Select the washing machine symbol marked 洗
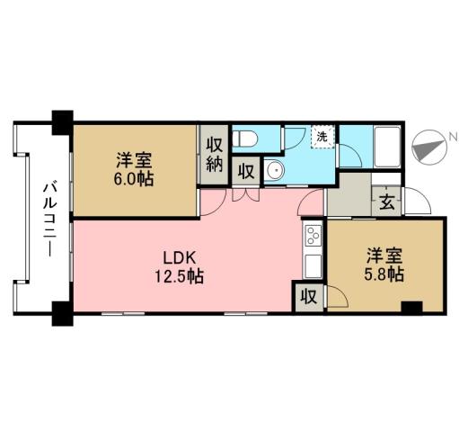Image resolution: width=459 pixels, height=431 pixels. [322, 137]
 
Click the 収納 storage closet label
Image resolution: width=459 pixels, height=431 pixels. [214, 154]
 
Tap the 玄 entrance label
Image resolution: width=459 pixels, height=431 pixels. [384, 202]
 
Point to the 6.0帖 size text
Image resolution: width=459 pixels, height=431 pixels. [133, 179]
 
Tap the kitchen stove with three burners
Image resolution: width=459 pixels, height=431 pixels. [313, 237]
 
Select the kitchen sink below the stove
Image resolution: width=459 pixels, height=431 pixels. [313, 266]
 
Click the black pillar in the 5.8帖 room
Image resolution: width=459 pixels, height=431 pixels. [411, 308]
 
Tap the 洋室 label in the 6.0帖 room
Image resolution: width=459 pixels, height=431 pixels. [133, 161]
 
